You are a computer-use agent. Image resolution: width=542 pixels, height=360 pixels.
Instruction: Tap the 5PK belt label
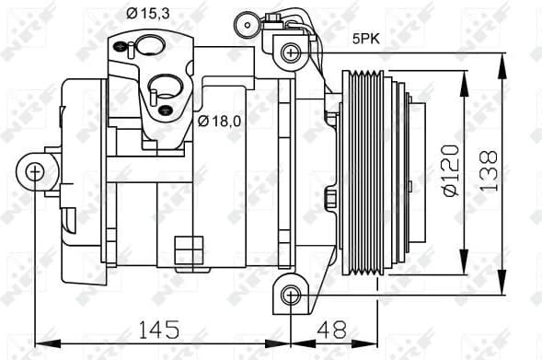365,40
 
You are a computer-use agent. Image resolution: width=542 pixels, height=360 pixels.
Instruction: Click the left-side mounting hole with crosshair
34,170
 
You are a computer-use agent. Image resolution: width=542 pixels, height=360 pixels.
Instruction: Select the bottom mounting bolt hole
291,295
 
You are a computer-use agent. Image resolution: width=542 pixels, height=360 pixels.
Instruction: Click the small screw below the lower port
166,110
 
